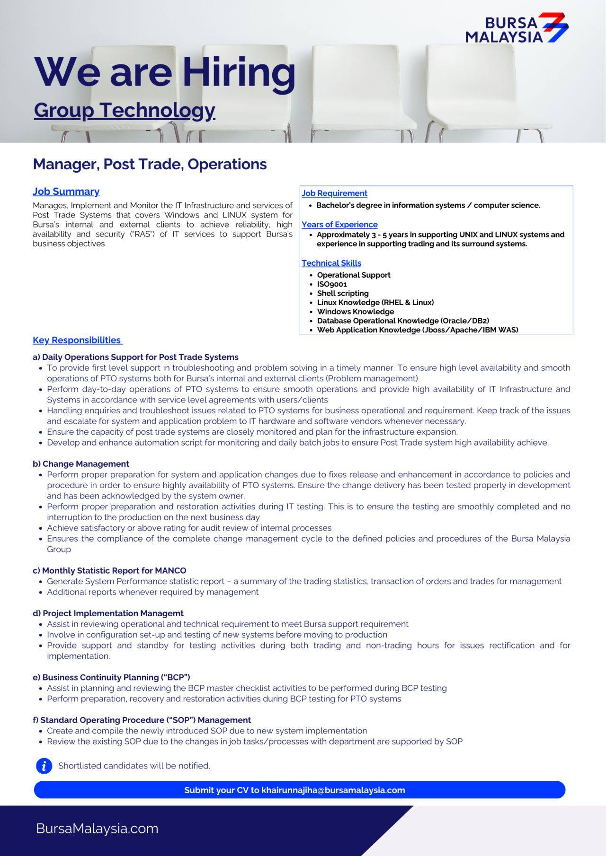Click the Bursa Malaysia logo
click(517, 28)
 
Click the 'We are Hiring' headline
click(165, 72)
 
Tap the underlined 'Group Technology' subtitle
click(125, 110)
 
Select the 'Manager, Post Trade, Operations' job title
click(150, 164)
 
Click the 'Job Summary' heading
click(66, 192)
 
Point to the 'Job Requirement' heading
click(334, 193)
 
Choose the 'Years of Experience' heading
click(339, 225)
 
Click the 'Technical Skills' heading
click(331, 263)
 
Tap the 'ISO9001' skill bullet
click(332, 284)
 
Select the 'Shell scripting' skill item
click(343, 293)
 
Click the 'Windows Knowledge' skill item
click(355, 312)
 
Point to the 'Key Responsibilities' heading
click(77, 340)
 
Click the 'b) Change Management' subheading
click(81, 464)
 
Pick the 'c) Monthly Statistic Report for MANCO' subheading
click(109, 570)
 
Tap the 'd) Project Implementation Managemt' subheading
click(108, 613)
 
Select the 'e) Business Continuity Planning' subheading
click(111, 677)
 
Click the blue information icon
click(44, 766)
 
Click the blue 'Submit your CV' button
click(299, 790)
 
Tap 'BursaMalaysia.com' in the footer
click(97, 829)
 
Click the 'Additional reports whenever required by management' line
click(152, 592)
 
